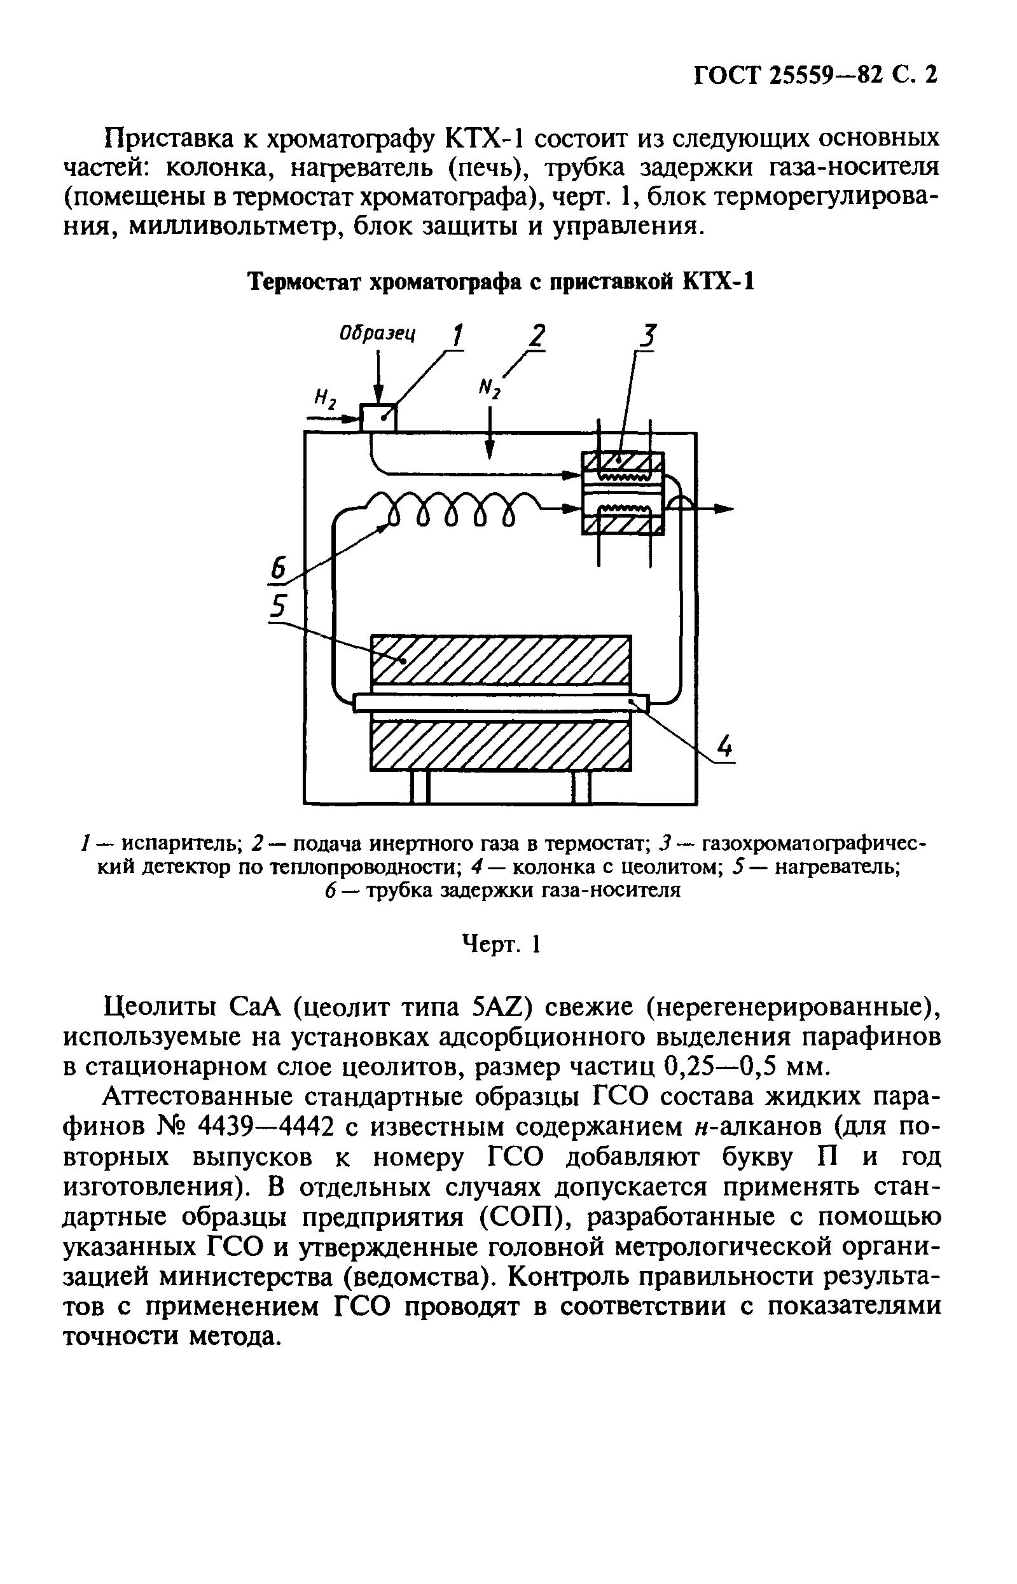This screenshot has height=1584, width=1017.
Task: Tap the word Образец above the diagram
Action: click(x=377, y=333)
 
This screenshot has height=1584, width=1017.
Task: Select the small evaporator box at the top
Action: click(x=378, y=418)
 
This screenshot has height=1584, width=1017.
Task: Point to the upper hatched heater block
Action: click(x=500, y=659)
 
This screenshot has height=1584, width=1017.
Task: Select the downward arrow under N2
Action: click(x=489, y=439)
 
